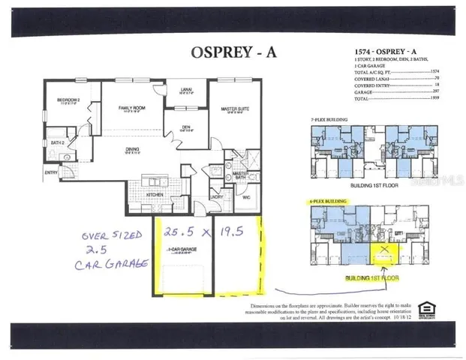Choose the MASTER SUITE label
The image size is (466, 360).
coord(234,109)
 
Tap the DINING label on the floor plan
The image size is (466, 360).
coord(132,149)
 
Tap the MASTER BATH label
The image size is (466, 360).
coord(240,175)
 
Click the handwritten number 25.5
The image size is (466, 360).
coord(177,232)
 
